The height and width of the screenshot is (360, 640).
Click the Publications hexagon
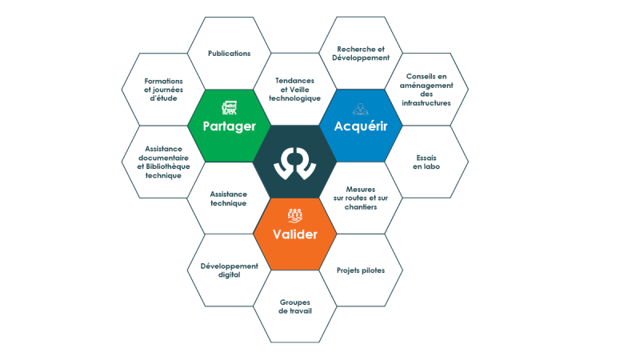pos(229,54)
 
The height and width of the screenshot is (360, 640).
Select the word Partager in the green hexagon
pos(229,126)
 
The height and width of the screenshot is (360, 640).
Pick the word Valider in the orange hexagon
pos(294,234)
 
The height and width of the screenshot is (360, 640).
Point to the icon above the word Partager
pos(229,107)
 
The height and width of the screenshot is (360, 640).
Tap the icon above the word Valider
pos(294,215)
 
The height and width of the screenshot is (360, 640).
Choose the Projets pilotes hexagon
pos(362,270)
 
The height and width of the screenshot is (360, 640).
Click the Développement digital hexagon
pos(229,270)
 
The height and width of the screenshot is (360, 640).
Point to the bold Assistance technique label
pos(228,198)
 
